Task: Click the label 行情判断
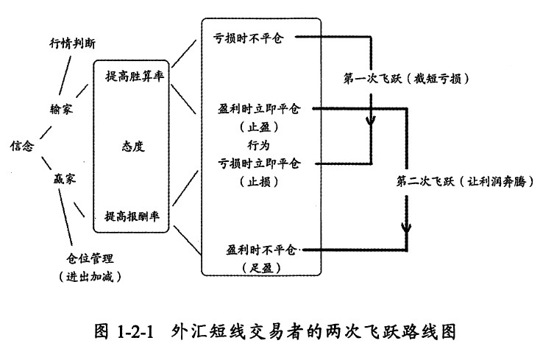click(x=72, y=43)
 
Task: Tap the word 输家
click(x=62, y=108)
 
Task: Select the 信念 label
click(x=22, y=145)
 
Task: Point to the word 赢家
click(x=65, y=179)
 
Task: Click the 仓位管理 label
click(x=90, y=258)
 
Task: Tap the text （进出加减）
click(x=90, y=277)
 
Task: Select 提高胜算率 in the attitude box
click(x=135, y=76)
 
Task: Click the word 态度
click(x=133, y=146)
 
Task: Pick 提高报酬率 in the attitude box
click(x=132, y=216)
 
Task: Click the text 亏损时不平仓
click(x=249, y=38)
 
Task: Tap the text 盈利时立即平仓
click(x=259, y=108)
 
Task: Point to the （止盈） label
click(x=259, y=127)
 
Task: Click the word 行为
click(x=258, y=145)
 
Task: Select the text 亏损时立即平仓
click(x=259, y=163)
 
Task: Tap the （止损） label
click(x=259, y=182)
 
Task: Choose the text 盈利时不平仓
click(x=261, y=250)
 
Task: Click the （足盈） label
click(x=261, y=268)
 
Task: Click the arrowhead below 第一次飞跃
click(x=371, y=121)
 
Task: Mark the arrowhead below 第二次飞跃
click(x=406, y=227)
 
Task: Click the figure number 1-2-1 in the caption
click(x=135, y=333)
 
